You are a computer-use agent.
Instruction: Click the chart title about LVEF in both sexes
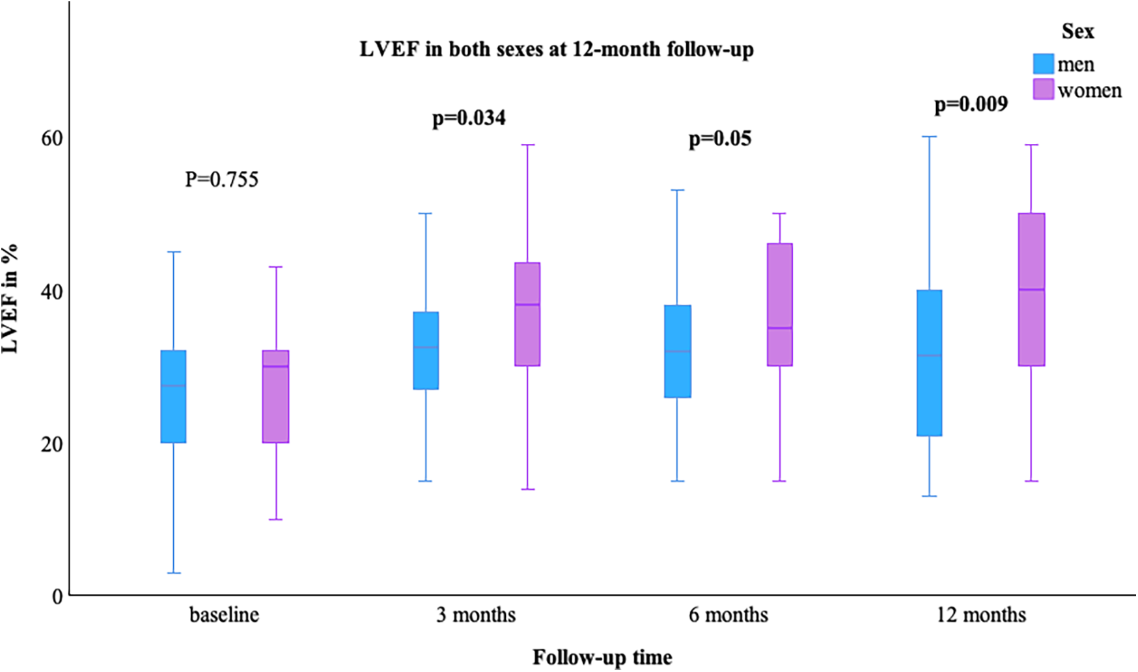pyautogui.click(x=557, y=49)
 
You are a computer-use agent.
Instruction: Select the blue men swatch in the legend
pyautogui.click(x=1043, y=64)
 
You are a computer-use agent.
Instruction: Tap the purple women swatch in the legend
pyautogui.click(x=1043, y=89)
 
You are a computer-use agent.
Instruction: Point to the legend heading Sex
pyautogui.click(x=1077, y=31)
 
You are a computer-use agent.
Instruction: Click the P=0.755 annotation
pyautogui.click(x=221, y=179)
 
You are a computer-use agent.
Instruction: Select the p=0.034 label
pyautogui.click(x=469, y=118)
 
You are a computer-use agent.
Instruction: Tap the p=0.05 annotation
pyautogui.click(x=719, y=139)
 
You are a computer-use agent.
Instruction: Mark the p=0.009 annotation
pyautogui.click(x=971, y=104)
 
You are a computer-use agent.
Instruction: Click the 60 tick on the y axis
pyautogui.click(x=51, y=138)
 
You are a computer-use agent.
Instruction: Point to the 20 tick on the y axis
pyautogui.click(x=51, y=444)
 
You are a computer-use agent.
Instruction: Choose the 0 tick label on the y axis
pyautogui.click(x=57, y=596)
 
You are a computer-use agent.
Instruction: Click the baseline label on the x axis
pyautogui.click(x=224, y=615)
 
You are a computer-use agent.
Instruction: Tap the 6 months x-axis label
pyautogui.click(x=728, y=615)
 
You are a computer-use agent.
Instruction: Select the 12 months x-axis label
pyautogui.click(x=980, y=615)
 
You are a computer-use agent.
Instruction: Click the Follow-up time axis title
pyautogui.click(x=602, y=657)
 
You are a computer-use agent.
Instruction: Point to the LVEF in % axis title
pyautogui.click(x=10, y=299)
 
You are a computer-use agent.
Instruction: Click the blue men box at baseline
pyautogui.click(x=173, y=397)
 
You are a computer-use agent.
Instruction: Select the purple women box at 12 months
pyautogui.click(x=1031, y=289)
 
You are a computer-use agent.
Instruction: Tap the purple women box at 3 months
pyautogui.click(x=527, y=314)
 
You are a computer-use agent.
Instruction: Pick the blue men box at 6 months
pyautogui.click(x=677, y=351)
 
